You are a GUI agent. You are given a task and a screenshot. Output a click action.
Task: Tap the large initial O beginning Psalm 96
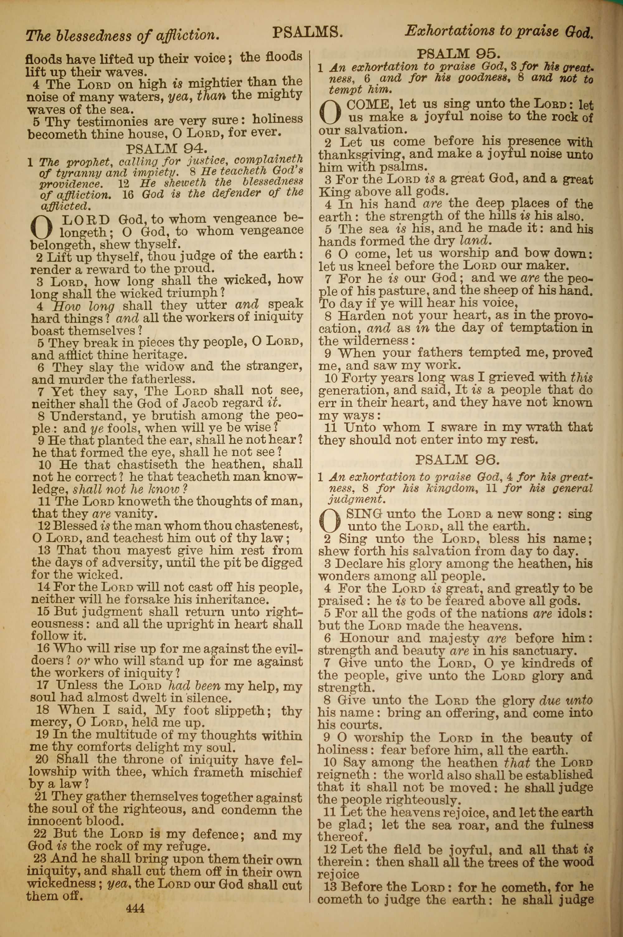[x=331, y=521]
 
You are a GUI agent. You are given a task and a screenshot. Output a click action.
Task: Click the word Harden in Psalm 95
[x=361, y=316]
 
